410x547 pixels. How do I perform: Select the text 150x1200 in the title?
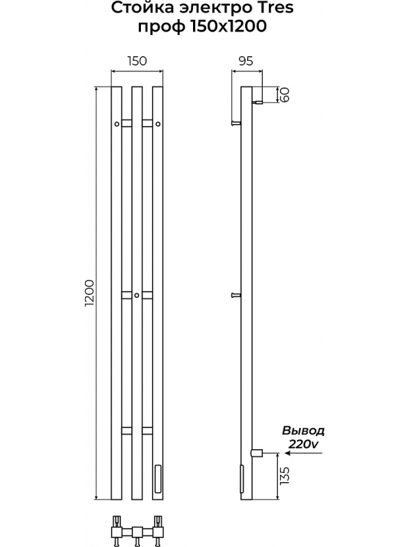click(x=229, y=26)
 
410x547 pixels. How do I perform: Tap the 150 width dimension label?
click(x=137, y=61)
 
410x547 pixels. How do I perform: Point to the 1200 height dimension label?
click(x=90, y=293)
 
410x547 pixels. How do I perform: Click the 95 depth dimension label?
click(x=246, y=61)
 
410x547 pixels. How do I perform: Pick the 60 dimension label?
click(x=285, y=94)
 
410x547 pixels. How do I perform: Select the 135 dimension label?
click(x=285, y=476)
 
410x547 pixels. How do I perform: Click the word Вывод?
click(x=303, y=431)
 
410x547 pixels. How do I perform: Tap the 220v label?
click(x=303, y=444)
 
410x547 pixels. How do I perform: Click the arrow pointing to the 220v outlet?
click(x=303, y=453)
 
